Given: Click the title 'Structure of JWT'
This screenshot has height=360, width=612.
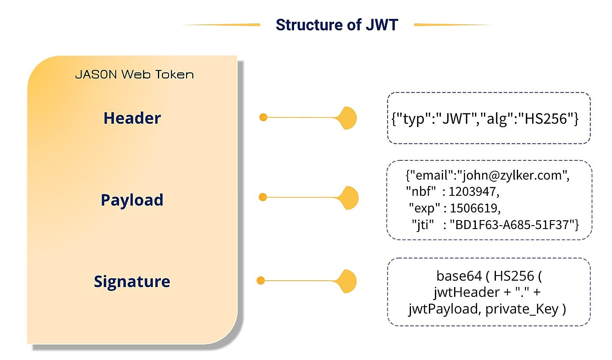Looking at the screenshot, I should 336,25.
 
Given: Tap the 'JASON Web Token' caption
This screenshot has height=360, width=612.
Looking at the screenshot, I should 134,75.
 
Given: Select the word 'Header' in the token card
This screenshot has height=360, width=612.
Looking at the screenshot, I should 132,118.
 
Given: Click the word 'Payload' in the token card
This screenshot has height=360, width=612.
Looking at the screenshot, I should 132,200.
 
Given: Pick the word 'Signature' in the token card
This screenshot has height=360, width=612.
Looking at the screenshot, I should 132,282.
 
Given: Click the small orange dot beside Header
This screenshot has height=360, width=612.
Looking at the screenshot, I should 263,117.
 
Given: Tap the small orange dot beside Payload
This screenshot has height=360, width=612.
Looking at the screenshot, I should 263,197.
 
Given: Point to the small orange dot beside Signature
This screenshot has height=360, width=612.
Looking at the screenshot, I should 261,280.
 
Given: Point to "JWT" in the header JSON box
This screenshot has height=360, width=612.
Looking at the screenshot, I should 456,119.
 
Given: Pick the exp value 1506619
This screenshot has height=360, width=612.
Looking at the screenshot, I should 474,208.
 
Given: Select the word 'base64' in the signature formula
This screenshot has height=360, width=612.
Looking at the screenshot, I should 459,276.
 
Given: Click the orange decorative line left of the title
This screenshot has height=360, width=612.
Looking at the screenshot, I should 222,25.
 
